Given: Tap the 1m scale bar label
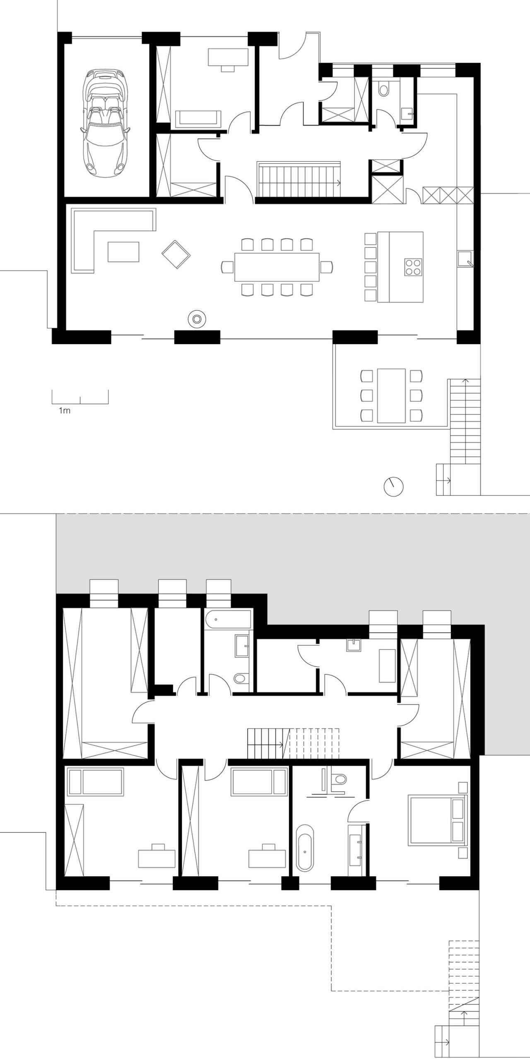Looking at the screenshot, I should coord(65,411).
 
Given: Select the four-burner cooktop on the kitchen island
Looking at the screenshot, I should coord(412,267).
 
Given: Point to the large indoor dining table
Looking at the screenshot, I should coord(277,267).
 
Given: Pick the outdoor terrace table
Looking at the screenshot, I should coord(391,395).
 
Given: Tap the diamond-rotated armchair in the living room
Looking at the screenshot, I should coord(176,254).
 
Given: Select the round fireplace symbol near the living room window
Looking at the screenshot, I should coord(197,319).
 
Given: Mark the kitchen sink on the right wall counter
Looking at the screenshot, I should coord(465,259).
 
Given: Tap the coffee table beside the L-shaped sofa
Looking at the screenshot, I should coord(124,252).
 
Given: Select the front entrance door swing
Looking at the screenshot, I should coord(292,46).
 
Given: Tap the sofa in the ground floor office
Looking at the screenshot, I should coord(199,118).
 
